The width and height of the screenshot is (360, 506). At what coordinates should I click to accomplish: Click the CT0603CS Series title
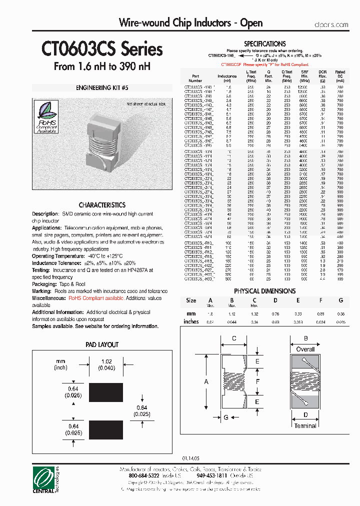click(102, 49)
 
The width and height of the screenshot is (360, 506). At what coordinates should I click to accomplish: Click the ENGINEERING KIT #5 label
click(102, 87)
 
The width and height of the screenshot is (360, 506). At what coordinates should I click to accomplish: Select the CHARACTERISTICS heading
click(102, 205)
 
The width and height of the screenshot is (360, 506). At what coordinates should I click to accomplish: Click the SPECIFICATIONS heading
click(265, 44)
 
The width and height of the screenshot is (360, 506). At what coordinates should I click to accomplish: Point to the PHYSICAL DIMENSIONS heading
click(264, 291)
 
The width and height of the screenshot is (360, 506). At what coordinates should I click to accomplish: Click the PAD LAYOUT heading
click(102, 344)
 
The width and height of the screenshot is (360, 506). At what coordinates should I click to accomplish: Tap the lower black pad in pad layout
click(106, 428)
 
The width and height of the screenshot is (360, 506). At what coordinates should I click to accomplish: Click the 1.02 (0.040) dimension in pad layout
click(106, 364)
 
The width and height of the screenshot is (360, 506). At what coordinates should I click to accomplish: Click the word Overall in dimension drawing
click(305, 349)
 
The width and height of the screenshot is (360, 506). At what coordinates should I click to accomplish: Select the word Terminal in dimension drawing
click(305, 425)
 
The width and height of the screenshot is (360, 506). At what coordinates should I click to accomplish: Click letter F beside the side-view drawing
click(257, 381)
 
